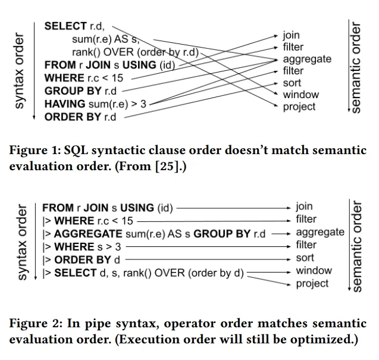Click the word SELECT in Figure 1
click(65, 26)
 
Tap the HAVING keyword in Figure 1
click(65, 104)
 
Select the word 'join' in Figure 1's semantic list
click(292, 36)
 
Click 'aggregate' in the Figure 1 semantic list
click(307, 60)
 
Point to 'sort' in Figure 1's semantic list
click(292, 83)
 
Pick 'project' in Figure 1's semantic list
click(299, 107)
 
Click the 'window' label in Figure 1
click(301, 95)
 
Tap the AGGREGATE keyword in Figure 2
click(88, 234)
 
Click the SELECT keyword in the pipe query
click(76, 273)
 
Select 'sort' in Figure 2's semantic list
click(305, 258)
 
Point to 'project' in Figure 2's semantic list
click(312, 284)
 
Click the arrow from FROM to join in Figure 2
click(233, 208)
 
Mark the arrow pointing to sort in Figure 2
click(208, 259)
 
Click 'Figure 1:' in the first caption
click(35, 150)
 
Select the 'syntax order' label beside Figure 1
click(20, 71)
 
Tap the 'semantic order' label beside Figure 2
click(356, 246)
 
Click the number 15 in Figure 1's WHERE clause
click(117, 78)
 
